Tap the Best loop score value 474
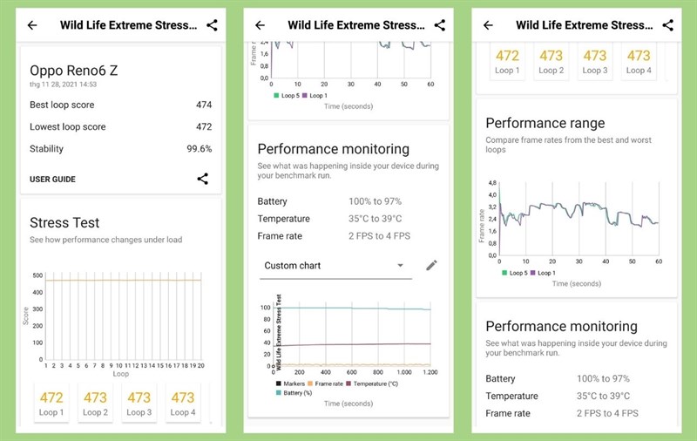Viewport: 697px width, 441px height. coord(203,105)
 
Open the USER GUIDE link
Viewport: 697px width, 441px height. coord(52,180)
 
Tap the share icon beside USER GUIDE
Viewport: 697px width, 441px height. coord(202,180)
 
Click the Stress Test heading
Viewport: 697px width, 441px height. coord(64,223)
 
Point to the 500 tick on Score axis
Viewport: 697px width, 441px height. coord(37,275)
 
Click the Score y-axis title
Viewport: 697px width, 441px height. coord(25,315)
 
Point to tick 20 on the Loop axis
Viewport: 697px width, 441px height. coord(200,365)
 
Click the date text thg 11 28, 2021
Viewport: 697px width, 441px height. coord(63,85)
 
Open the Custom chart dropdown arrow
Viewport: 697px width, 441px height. coord(400,266)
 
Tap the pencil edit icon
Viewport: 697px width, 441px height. coord(430,265)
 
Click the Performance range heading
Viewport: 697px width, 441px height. coord(545,123)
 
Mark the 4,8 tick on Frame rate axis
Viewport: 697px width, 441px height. coord(492,183)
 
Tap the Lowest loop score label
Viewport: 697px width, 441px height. coord(68,127)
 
